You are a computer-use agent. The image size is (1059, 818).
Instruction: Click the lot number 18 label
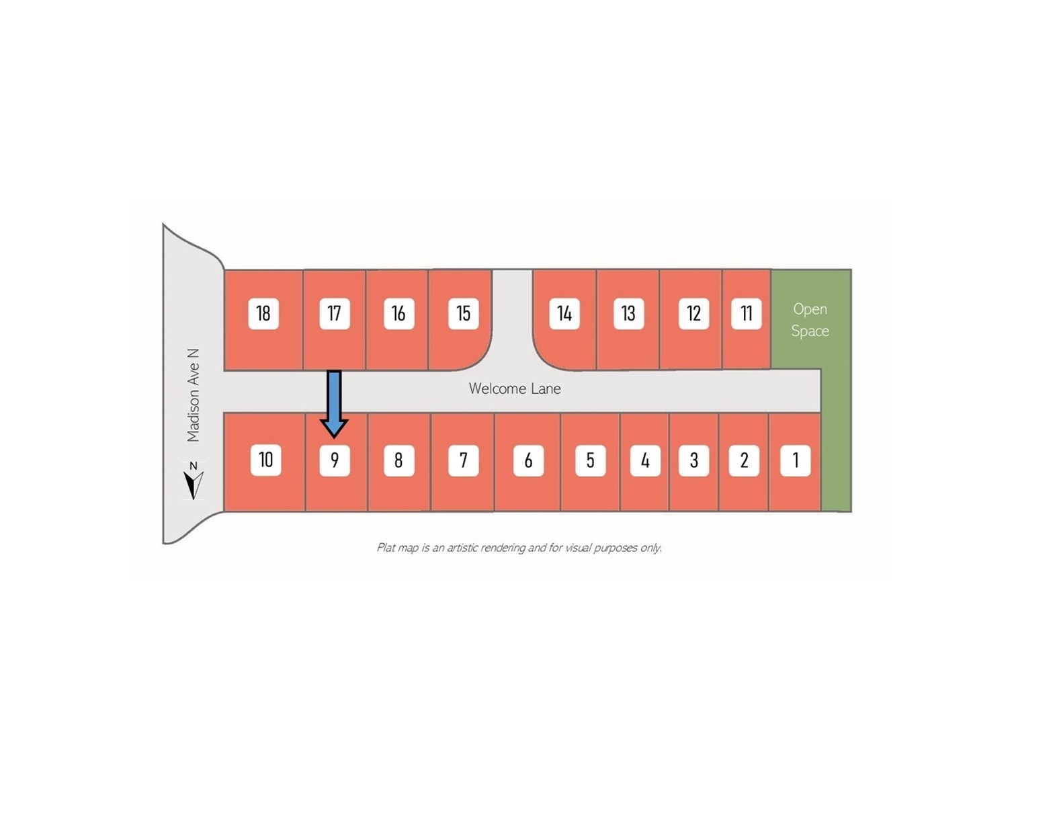click(263, 313)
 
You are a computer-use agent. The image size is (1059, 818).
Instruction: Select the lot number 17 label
click(335, 313)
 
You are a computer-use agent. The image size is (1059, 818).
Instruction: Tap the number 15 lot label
click(463, 313)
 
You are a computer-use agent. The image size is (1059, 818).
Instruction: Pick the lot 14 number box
click(564, 313)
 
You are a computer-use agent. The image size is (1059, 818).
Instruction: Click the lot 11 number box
click(746, 313)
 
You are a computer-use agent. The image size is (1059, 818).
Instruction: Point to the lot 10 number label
click(265, 460)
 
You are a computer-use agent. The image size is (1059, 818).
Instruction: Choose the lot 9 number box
click(335, 460)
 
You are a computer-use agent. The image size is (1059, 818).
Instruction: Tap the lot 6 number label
click(528, 460)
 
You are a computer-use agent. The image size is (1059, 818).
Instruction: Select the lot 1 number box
click(796, 460)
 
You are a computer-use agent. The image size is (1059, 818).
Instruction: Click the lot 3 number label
click(694, 460)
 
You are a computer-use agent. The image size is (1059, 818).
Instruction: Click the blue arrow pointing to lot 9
click(334, 404)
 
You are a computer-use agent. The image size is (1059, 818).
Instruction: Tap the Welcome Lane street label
click(515, 388)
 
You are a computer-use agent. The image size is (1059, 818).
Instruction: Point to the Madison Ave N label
click(194, 395)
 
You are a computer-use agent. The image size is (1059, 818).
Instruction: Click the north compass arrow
click(194, 484)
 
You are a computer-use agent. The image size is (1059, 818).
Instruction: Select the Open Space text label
click(810, 320)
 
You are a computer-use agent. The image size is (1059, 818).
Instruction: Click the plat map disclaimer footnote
click(519, 548)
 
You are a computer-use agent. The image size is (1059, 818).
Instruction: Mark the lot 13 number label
click(628, 313)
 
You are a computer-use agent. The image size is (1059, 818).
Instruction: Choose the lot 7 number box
click(463, 460)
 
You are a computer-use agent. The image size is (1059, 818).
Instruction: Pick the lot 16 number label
click(398, 313)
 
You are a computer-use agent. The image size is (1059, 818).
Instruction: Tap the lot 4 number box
click(645, 460)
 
